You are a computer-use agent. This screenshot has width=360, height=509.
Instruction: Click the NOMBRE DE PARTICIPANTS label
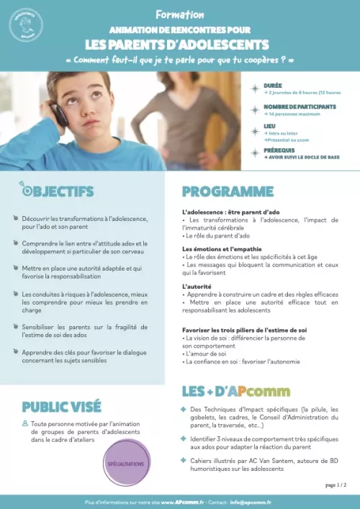299,107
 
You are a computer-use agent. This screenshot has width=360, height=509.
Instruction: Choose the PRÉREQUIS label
279,150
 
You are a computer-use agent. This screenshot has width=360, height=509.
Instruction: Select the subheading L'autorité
197,286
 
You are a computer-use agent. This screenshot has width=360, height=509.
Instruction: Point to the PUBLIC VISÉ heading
61,406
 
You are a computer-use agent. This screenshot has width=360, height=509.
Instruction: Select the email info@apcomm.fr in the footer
251,501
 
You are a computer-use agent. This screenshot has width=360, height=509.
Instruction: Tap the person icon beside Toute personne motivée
25,423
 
